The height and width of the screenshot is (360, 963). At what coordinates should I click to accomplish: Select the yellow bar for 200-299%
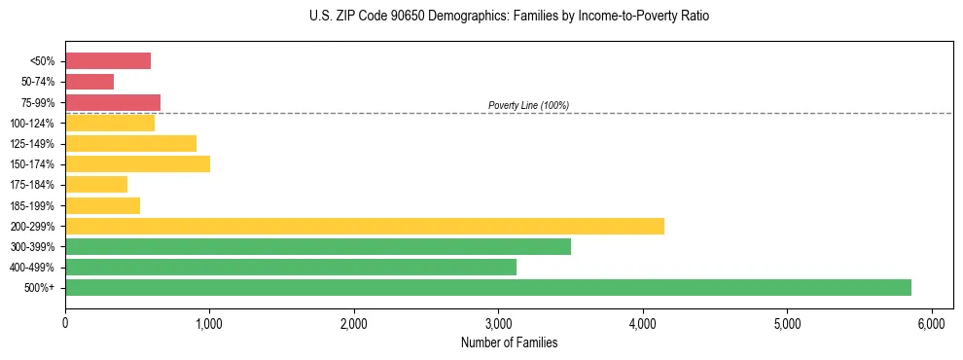[365, 226]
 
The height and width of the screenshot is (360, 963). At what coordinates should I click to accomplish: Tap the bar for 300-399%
[318, 246]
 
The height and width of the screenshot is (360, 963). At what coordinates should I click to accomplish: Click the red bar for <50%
[108, 61]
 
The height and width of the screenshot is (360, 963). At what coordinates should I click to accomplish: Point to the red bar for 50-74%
[89, 82]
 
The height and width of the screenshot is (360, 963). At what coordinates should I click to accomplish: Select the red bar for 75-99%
[113, 102]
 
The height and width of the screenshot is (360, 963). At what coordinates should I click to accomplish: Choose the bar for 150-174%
[137, 163]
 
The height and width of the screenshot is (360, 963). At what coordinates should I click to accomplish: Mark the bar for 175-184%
[96, 184]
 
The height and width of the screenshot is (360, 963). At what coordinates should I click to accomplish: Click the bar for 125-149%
[130, 143]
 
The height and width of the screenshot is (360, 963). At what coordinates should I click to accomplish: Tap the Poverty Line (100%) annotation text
[528, 105]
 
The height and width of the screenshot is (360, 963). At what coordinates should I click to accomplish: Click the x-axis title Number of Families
[509, 342]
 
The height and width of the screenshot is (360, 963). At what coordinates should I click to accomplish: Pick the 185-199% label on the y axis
[32, 205]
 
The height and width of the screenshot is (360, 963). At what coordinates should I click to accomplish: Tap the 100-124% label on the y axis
[32, 124]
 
